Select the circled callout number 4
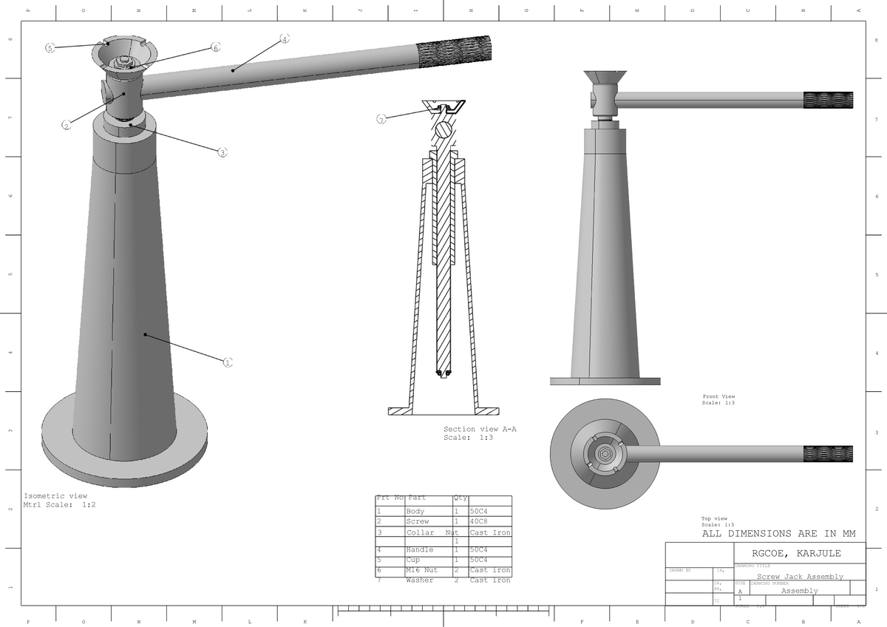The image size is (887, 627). pyautogui.click(x=285, y=38)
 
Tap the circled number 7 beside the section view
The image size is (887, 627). pyautogui.click(x=381, y=119)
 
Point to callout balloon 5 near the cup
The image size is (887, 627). pyautogui.click(x=50, y=48)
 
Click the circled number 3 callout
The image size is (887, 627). pyautogui.click(x=222, y=153)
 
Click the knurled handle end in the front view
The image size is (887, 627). pyautogui.click(x=828, y=100)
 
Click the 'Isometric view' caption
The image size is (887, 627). pyautogui.click(x=55, y=495)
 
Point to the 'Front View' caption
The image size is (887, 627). pyautogui.click(x=718, y=397)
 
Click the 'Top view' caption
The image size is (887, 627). pyautogui.click(x=714, y=518)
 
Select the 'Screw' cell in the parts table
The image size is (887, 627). pyautogui.click(x=418, y=521)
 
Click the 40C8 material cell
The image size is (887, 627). pyautogui.click(x=481, y=521)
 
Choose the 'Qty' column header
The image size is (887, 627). pyautogui.click(x=460, y=498)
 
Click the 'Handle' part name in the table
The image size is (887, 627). pyautogui.click(x=420, y=550)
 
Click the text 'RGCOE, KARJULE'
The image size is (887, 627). pyautogui.click(x=796, y=553)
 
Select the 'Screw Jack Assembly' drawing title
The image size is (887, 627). pyautogui.click(x=800, y=577)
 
